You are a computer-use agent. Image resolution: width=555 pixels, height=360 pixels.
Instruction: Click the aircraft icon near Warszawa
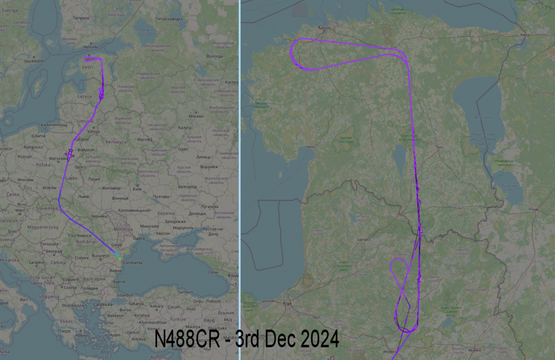point(69,155)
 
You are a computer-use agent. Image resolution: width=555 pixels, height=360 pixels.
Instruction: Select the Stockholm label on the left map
point(34,61)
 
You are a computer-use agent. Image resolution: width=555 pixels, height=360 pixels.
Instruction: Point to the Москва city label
point(195,117)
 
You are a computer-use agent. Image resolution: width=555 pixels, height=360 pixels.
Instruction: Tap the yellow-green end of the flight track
point(119,259)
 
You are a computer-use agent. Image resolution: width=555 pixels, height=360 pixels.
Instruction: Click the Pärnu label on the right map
point(311,146)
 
